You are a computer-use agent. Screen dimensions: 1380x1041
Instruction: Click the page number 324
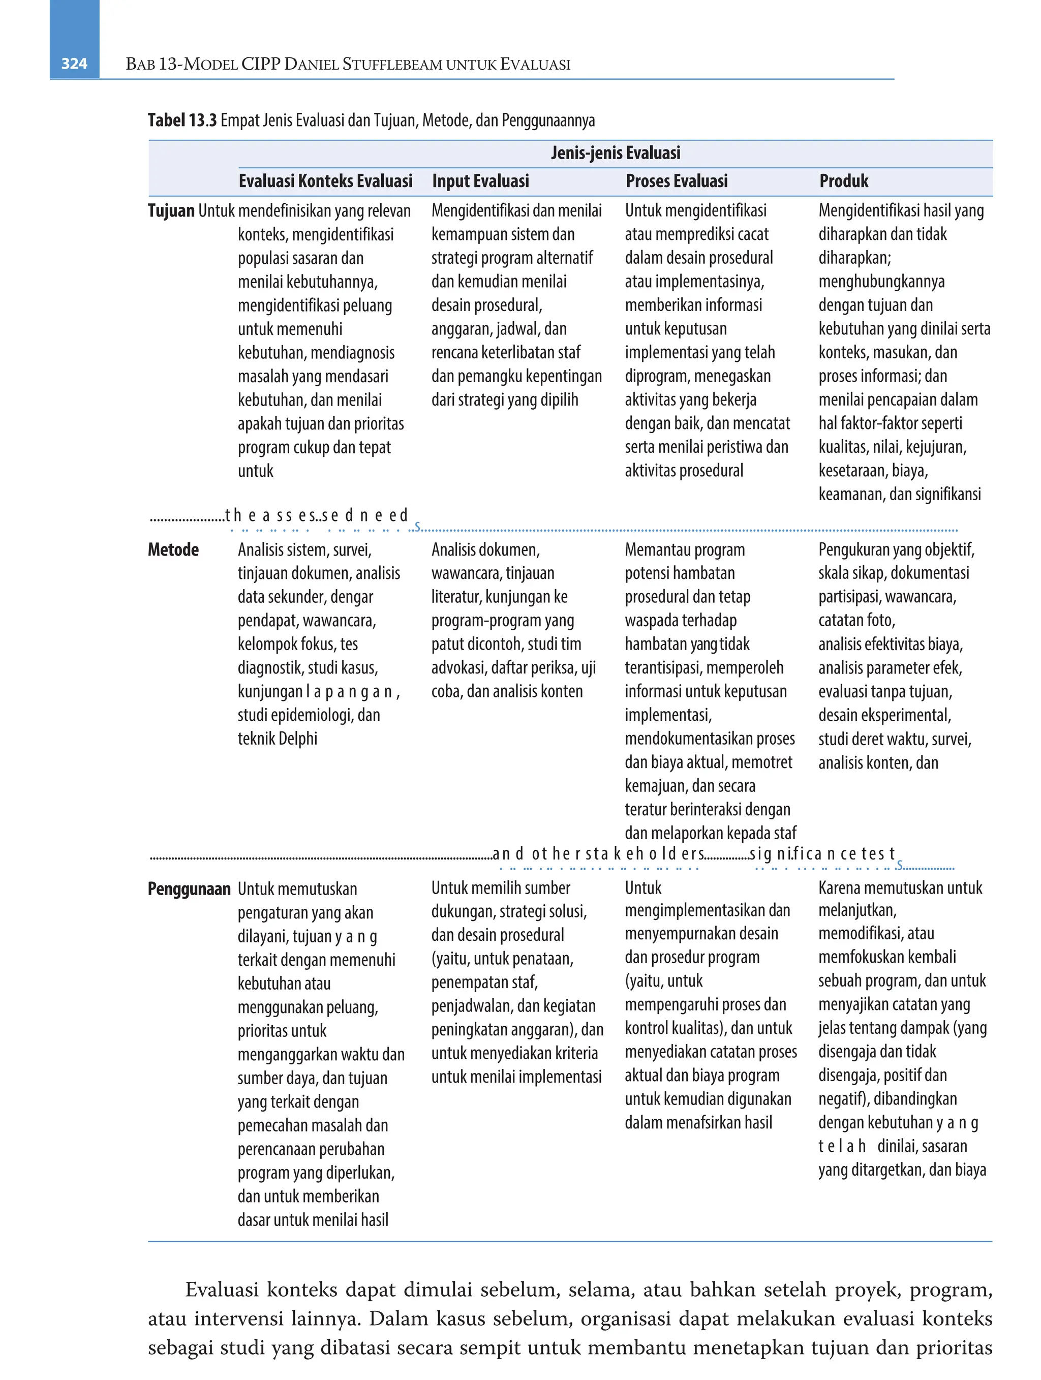[x=74, y=64]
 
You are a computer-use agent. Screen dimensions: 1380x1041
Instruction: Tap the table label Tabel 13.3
[x=182, y=120]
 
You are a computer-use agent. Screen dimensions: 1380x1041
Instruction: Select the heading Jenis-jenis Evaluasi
[x=615, y=153]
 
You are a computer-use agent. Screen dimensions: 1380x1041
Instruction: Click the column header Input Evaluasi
[x=480, y=181]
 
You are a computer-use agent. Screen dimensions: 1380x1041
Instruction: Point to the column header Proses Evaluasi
[x=677, y=181]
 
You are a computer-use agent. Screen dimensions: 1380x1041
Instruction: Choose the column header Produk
[x=843, y=181]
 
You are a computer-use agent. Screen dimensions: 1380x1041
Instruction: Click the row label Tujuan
[x=171, y=211]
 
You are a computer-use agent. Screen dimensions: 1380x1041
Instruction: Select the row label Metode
[x=173, y=549]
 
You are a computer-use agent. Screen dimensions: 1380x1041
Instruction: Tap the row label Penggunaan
[x=189, y=888]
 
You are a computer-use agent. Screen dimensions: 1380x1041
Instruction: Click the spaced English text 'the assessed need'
[x=317, y=515]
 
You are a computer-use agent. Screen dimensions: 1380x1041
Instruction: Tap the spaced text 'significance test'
[x=823, y=853]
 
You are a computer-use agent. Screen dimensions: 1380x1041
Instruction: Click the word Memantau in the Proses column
[x=653, y=549]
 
